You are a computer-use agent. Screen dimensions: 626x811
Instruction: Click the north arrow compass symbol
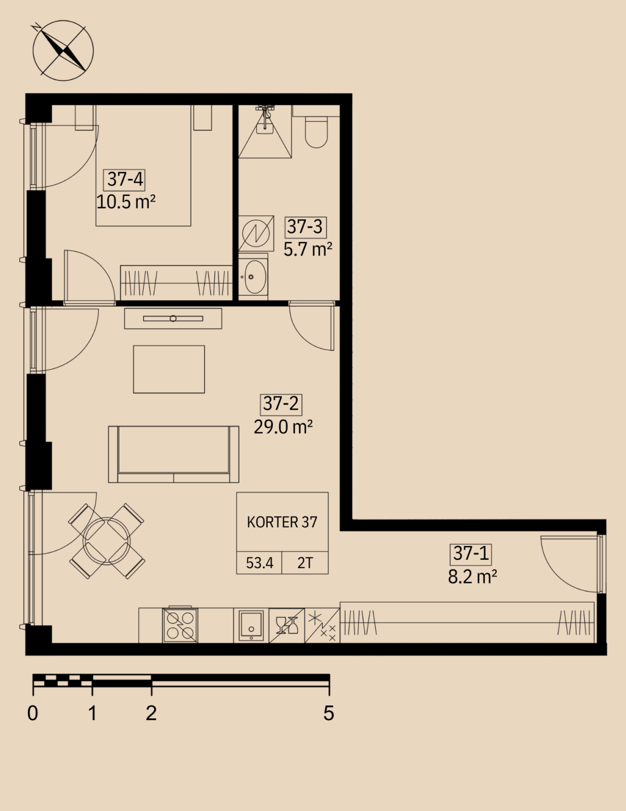click(63, 50)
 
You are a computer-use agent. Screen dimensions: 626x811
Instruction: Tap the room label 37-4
click(124, 180)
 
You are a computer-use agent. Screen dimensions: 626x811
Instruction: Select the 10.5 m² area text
click(126, 202)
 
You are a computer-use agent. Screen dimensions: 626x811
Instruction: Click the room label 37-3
click(306, 227)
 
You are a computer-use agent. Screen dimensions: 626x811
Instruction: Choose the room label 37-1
click(471, 553)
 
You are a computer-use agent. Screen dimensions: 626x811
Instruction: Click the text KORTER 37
click(282, 522)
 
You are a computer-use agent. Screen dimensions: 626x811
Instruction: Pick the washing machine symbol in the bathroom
click(256, 233)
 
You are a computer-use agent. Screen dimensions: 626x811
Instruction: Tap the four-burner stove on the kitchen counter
click(180, 626)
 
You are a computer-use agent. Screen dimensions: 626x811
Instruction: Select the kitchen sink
click(251, 626)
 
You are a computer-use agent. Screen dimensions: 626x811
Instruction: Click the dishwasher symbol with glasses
click(287, 626)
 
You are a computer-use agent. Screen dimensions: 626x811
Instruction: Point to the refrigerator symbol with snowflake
click(323, 626)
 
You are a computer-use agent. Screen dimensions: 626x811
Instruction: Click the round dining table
click(107, 541)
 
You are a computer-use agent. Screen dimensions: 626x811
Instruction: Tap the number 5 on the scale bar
click(329, 714)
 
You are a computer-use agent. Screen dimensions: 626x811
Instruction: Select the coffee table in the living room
click(169, 369)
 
